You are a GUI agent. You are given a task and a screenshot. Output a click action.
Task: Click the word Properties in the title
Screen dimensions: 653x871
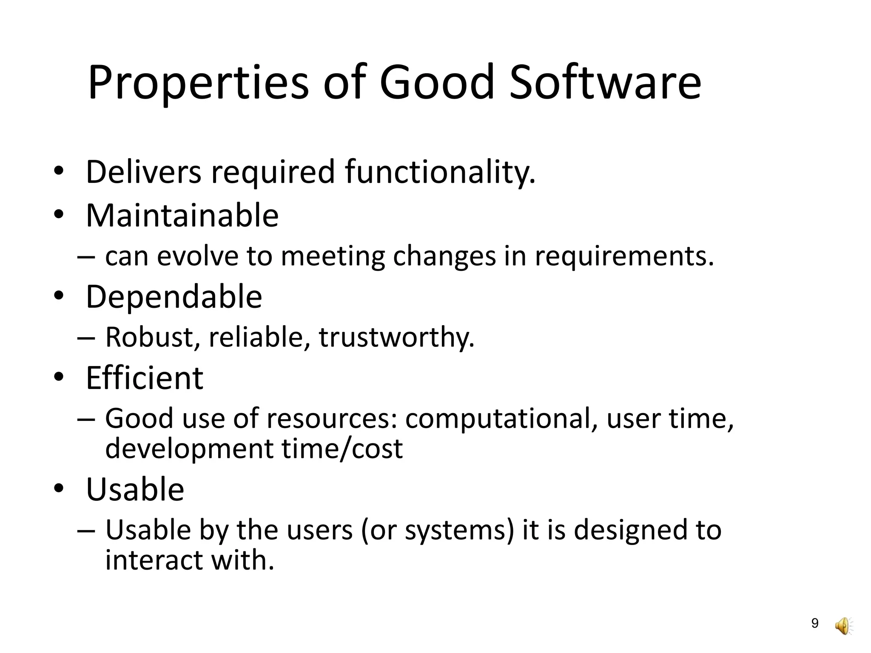pyautogui.click(x=198, y=83)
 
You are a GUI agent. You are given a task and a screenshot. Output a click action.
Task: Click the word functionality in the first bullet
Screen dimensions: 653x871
pyautogui.click(x=440, y=172)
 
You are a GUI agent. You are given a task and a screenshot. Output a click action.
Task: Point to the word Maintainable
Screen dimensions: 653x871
pyautogui.click(x=182, y=215)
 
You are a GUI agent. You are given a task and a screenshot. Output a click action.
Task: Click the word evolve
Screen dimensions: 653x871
pyautogui.click(x=197, y=256)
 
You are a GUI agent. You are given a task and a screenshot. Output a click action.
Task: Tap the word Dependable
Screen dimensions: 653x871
pyautogui.click(x=174, y=297)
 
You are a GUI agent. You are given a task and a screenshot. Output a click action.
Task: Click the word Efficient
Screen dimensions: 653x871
pyautogui.click(x=145, y=378)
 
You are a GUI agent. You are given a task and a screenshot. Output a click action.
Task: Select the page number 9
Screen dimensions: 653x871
pyautogui.click(x=815, y=623)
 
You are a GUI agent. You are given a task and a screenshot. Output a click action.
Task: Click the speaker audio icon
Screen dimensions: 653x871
pyautogui.click(x=843, y=626)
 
